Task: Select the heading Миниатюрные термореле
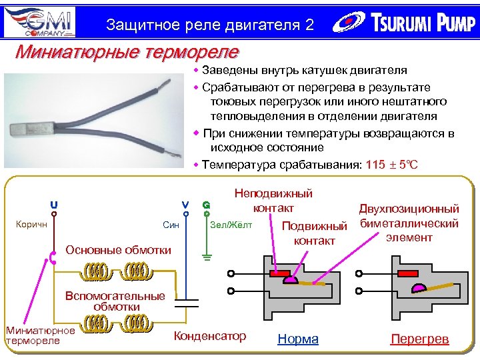click(127, 51)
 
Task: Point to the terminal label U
click(53, 204)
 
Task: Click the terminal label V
click(185, 204)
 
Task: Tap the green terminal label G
click(207, 205)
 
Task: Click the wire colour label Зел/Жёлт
click(231, 225)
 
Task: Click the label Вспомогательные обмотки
click(115, 301)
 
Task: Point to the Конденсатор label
click(209, 336)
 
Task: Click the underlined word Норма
click(297, 339)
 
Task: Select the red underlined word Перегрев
click(419, 339)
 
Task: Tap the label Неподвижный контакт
click(273, 201)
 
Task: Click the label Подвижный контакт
click(315, 233)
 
